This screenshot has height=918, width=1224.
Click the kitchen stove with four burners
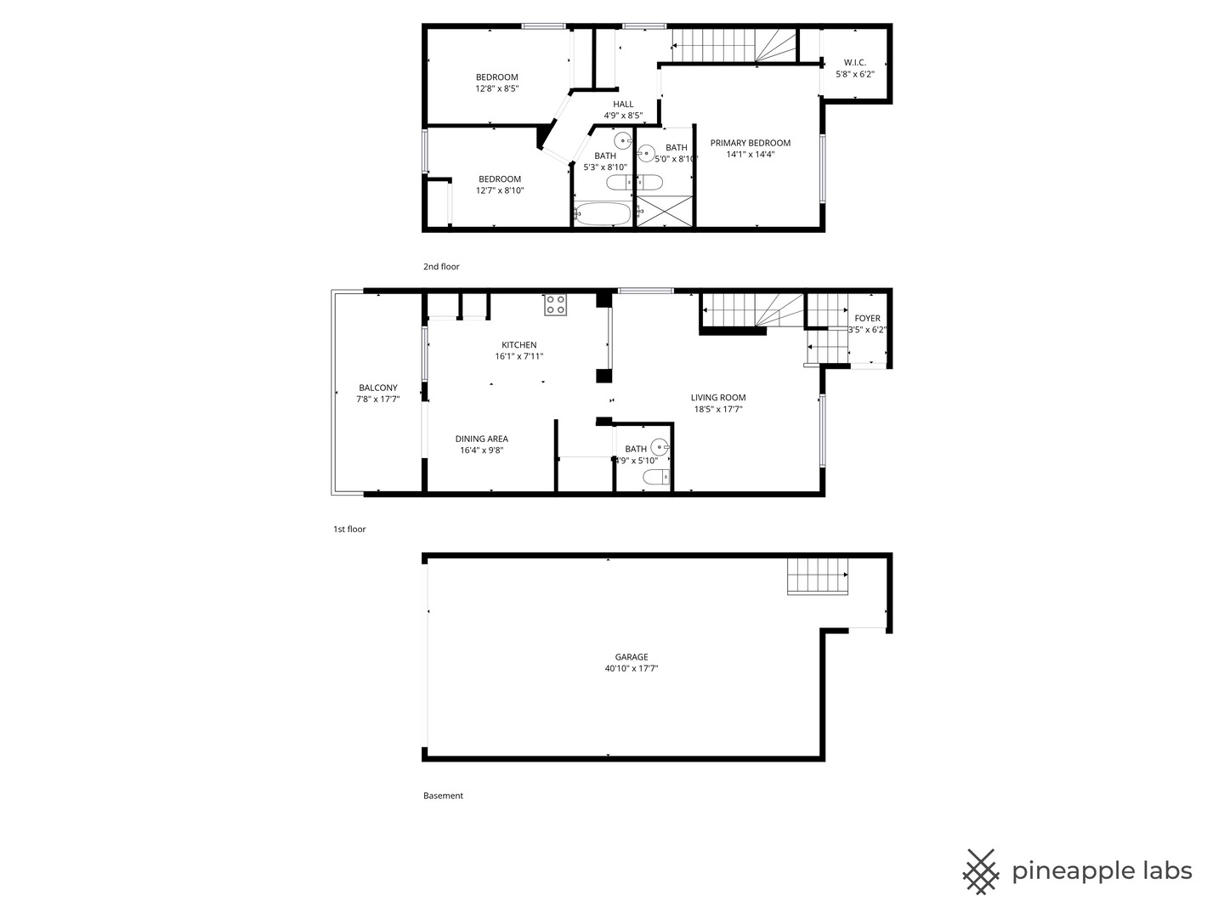(x=555, y=305)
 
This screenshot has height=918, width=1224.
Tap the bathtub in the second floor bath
(x=603, y=214)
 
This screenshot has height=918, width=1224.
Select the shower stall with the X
(x=664, y=211)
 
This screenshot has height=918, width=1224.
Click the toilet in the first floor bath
(x=656, y=477)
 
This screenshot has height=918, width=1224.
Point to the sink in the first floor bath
(x=660, y=447)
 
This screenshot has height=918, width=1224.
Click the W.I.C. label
(x=854, y=62)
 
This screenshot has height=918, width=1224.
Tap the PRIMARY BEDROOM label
(x=750, y=144)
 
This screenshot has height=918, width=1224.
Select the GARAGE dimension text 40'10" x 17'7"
(x=632, y=668)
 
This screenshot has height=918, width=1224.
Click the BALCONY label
(x=378, y=388)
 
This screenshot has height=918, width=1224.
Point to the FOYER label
(x=867, y=318)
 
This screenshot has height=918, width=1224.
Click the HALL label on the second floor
(x=623, y=105)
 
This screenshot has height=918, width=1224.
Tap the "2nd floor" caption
(x=441, y=266)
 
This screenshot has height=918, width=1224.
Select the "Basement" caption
(x=443, y=796)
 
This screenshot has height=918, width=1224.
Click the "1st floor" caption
(x=349, y=529)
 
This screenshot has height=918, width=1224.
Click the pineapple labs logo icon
(x=981, y=872)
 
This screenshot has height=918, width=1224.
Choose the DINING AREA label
(x=481, y=439)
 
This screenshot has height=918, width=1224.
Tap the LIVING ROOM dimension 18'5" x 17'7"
(x=717, y=409)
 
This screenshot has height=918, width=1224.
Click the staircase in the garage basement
(x=817, y=575)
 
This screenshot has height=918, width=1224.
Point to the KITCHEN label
(x=518, y=345)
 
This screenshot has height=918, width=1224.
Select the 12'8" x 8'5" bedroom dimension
(x=497, y=88)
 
